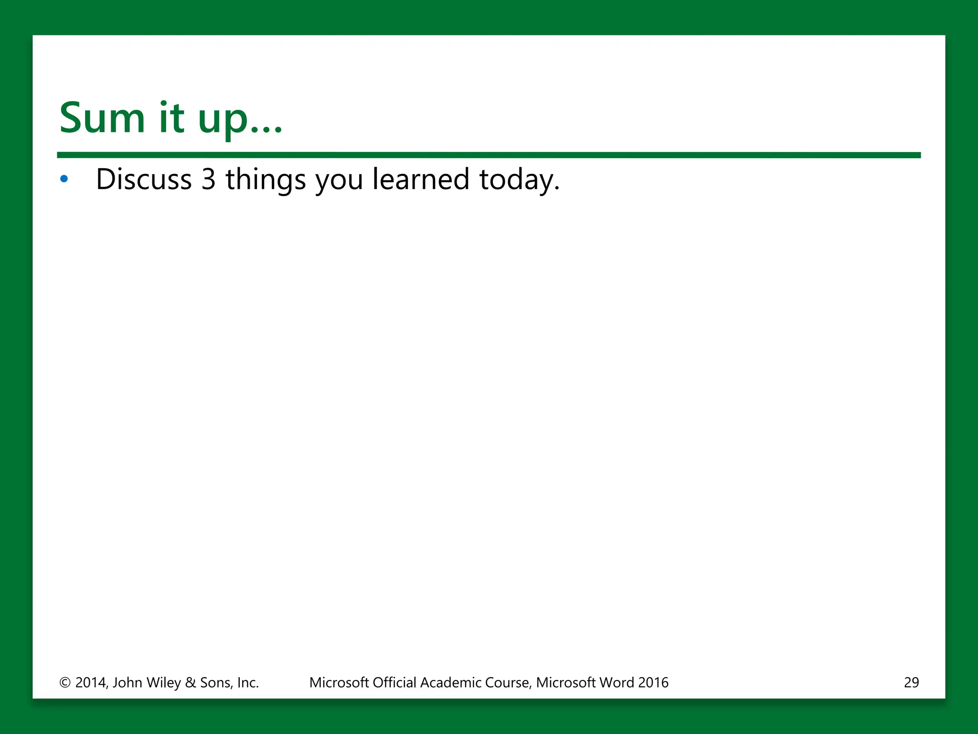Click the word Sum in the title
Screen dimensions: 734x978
[x=102, y=118]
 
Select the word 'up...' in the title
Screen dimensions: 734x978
[x=240, y=120]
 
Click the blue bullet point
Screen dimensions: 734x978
[x=64, y=180]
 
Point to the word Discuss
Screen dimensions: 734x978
[x=144, y=180]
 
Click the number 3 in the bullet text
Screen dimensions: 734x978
[x=209, y=180]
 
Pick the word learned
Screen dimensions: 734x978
[x=421, y=180]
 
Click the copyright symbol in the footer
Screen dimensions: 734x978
[x=65, y=682]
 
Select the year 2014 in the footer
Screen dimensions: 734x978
[x=91, y=682]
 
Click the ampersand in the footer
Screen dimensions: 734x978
[x=191, y=682]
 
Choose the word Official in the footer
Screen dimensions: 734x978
[x=394, y=682]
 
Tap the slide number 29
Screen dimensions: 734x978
[x=911, y=682]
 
